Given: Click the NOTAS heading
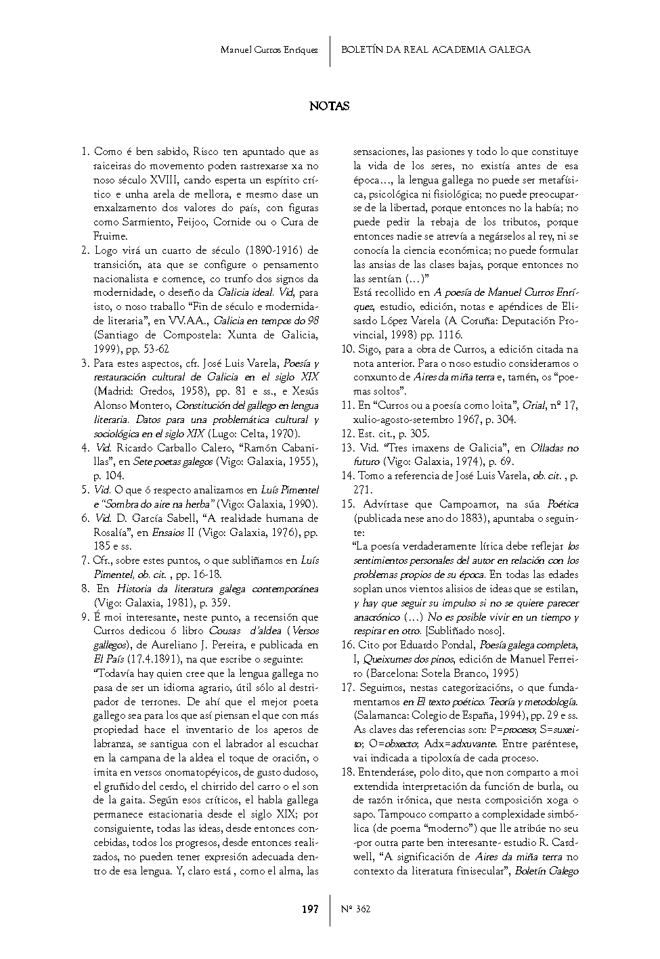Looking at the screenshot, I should (x=329, y=106).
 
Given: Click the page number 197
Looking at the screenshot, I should (x=309, y=909).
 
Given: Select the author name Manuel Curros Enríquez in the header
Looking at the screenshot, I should (x=269, y=50).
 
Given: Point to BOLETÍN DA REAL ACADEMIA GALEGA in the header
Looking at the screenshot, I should (x=435, y=49).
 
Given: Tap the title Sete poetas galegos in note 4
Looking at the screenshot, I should (x=172, y=462).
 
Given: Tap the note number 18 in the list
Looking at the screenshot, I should (x=347, y=772).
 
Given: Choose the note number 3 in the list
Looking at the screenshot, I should (x=85, y=363).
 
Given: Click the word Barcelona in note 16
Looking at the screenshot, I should (x=381, y=673).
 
